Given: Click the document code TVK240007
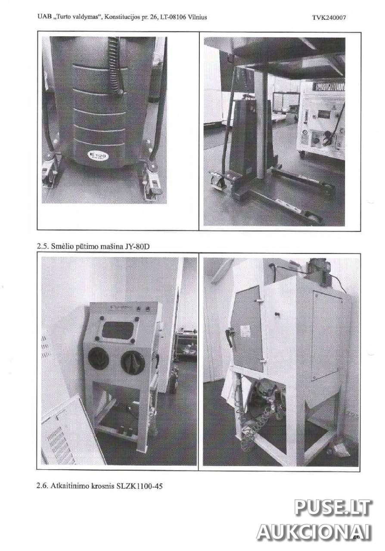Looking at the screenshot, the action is click(329, 18).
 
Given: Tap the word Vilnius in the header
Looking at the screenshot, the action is click(197, 17).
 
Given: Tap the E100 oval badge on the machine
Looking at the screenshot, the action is click(97, 156).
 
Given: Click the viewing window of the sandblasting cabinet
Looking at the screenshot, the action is click(118, 330).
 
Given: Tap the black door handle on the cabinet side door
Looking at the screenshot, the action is click(230, 337).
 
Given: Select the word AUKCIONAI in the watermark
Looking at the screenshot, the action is click(314, 531).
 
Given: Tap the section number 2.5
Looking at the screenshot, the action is click(43, 247).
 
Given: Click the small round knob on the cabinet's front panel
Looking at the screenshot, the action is click(276, 314).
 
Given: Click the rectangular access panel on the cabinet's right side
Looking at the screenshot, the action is click(327, 337).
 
